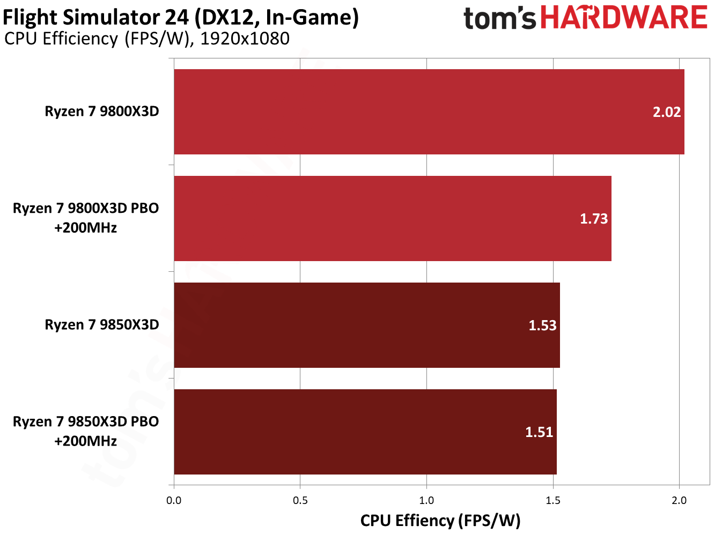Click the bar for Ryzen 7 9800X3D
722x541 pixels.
coord(429,112)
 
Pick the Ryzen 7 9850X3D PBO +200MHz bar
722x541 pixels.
coord(365,432)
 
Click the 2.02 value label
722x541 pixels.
coord(666,112)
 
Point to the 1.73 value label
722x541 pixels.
coord(593,219)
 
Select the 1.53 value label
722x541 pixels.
coord(542,325)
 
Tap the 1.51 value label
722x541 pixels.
coord(539,432)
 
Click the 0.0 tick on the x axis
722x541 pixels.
coord(174,500)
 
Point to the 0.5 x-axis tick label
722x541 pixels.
coord(300,500)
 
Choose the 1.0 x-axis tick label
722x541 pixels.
coord(426,500)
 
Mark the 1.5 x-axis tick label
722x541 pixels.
coord(553,500)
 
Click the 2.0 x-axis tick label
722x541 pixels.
coord(679,500)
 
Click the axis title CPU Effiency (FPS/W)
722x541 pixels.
coord(440,521)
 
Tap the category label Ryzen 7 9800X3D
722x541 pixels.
coord(102,112)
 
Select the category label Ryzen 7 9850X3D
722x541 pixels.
coord(102,325)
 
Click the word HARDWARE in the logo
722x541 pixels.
coord(624,18)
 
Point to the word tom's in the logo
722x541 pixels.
coord(499,19)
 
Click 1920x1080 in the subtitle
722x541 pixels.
coord(245,39)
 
